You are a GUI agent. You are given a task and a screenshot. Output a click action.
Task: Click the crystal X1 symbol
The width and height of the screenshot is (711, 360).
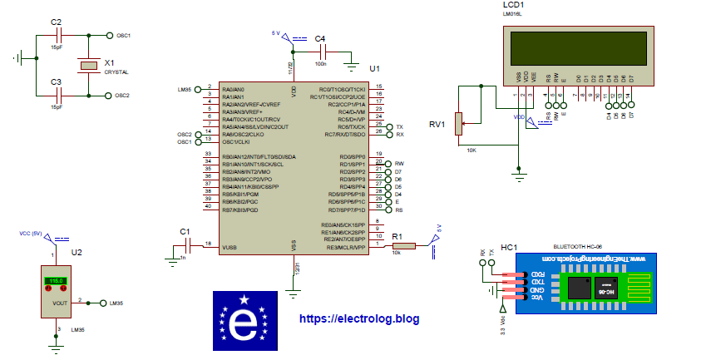84,66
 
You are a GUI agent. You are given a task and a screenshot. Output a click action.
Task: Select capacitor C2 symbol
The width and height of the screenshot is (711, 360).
57,36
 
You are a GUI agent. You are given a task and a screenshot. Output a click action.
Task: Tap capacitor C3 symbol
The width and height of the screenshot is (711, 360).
57,96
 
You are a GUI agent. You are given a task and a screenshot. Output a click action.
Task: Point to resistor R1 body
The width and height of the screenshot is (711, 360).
402,246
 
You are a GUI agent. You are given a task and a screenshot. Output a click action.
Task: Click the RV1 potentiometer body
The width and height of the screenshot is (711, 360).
457,125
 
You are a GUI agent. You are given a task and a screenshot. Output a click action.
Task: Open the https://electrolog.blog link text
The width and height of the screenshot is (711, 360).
358,318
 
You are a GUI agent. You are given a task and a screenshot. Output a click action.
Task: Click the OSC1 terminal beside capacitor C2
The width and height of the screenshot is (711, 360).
111,36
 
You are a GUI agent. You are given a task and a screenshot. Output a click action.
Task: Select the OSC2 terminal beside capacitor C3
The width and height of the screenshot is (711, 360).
111,96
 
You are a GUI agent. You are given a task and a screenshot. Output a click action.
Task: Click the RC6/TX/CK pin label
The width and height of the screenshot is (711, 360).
346,126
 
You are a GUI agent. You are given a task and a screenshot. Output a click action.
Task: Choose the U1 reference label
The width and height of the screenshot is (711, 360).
374,68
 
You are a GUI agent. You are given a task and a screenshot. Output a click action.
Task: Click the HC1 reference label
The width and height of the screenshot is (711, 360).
509,247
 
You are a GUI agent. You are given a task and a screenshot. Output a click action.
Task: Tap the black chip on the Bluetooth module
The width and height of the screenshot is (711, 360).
582,288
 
